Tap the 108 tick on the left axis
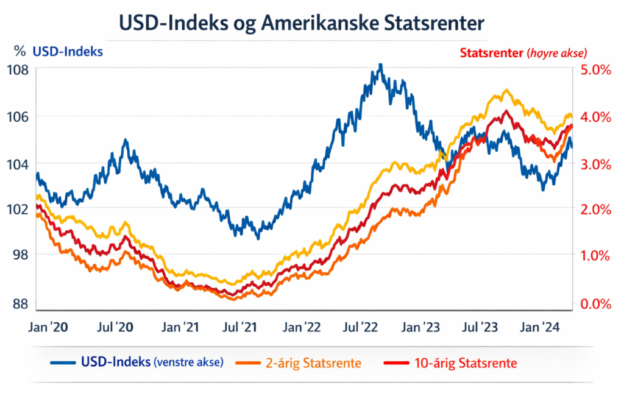[x=18, y=69]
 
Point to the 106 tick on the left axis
[x=18, y=116]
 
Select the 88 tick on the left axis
[x=18, y=303]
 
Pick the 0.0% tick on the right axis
[x=596, y=303]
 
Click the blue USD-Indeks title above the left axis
[x=68, y=52]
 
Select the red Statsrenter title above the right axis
[x=491, y=53]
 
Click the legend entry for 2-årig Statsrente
[x=312, y=364]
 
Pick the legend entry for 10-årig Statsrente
[x=466, y=364]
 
